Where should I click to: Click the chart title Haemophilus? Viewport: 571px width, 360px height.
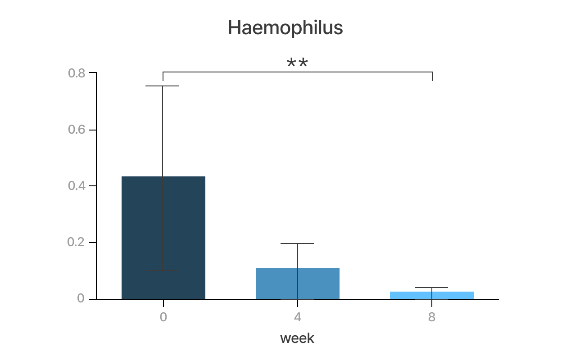point(285,28)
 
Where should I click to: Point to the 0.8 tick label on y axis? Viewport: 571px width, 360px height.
point(76,73)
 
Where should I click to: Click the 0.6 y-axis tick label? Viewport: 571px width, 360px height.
point(76,130)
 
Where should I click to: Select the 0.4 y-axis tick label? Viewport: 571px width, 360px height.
point(76,186)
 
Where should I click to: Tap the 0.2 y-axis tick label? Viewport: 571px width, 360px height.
point(76,243)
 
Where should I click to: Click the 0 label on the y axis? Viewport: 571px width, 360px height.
point(81,299)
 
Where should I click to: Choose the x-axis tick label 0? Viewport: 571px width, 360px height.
point(163,317)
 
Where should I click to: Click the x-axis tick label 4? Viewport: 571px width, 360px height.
point(297,317)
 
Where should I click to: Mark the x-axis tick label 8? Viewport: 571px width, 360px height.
point(431,317)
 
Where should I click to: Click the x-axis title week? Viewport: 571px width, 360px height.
point(297,338)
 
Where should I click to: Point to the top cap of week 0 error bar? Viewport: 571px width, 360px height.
point(163,86)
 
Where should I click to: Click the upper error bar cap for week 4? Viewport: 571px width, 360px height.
point(297,243)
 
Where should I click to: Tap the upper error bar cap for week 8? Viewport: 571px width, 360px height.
point(431,288)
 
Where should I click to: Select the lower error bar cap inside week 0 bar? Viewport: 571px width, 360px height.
point(163,270)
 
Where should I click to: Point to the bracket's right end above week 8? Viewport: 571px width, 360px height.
point(432,76)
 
